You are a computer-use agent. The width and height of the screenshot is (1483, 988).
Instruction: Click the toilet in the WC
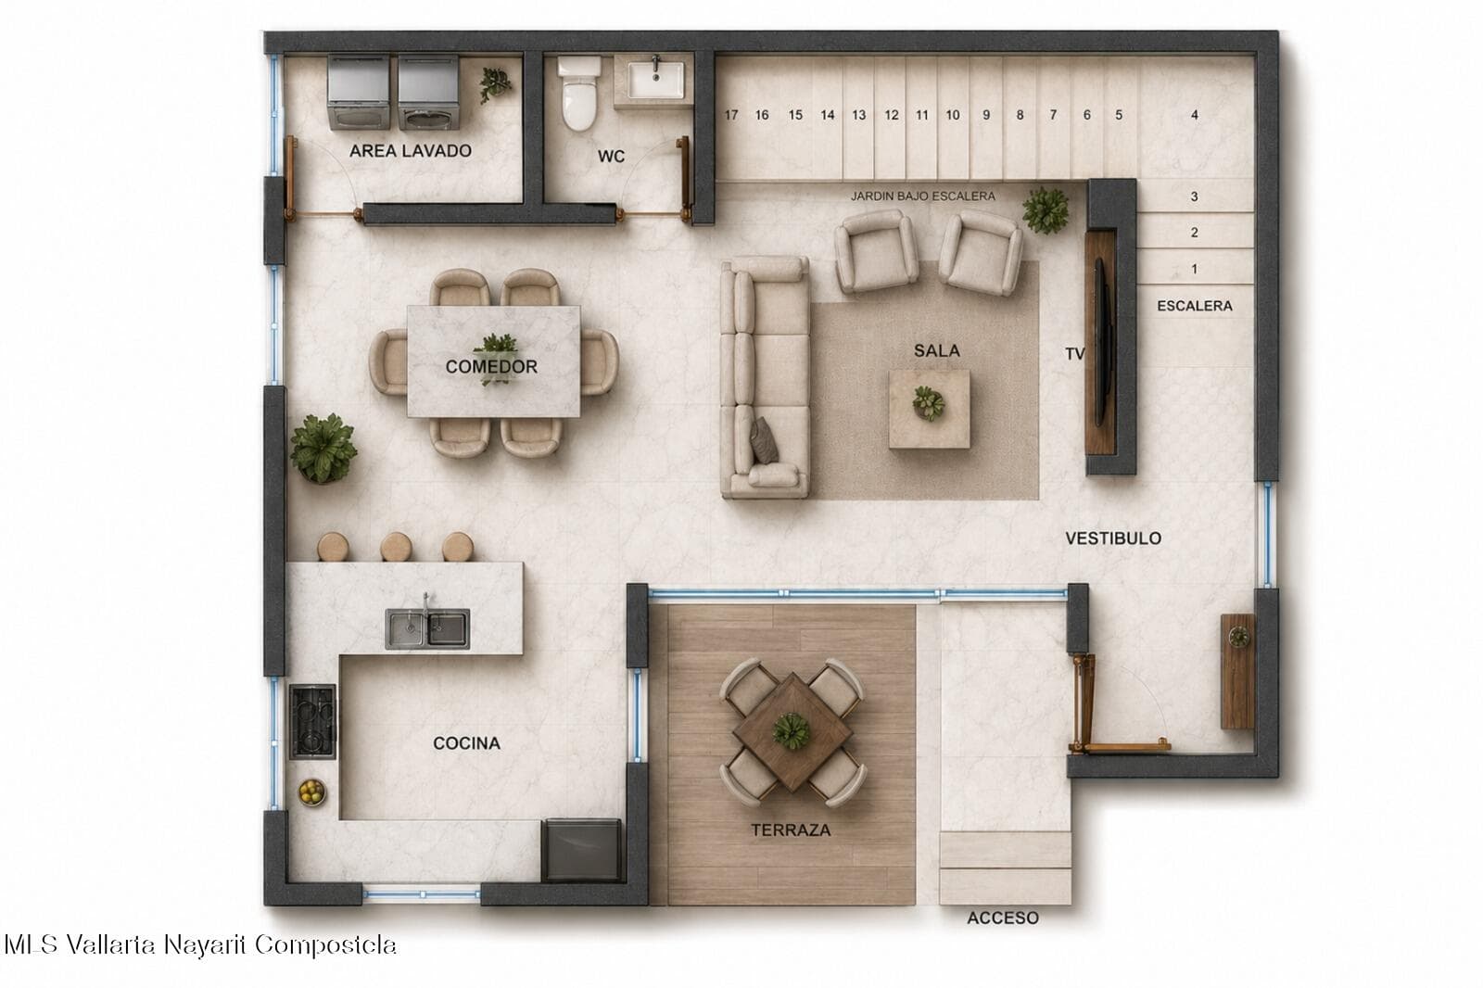(x=579, y=93)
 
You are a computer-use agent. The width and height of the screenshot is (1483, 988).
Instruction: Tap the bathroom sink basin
(x=655, y=81)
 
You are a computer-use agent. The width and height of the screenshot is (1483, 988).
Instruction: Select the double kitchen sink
(x=427, y=628)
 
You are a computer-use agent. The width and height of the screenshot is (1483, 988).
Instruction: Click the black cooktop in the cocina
(x=312, y=721)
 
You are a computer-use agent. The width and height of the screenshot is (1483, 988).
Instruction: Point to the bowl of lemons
(x=311, y=792)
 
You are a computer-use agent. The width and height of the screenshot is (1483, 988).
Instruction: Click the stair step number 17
(x=731, y=115)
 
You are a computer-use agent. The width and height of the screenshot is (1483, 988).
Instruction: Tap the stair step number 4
(x=1195, y=115)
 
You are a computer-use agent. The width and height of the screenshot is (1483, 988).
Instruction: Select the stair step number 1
(x=1195, y=269)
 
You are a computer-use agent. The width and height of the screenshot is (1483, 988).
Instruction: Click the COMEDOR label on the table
(x=491, y=366)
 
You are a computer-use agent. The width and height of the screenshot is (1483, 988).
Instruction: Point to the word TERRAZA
(x=791, y=830)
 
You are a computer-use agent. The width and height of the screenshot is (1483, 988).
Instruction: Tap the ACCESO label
(x=1002, y=918)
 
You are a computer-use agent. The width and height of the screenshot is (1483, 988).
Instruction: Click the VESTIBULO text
(x=1113, y=538)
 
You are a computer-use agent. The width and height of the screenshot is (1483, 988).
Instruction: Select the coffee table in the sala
(x=930, y=409)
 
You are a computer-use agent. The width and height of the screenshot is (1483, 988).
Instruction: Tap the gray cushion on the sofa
(x=764, y=440)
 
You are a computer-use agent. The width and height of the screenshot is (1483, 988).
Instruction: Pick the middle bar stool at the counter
(x=396, y=547)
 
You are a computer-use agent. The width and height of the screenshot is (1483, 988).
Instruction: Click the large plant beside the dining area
(x=323, y=449)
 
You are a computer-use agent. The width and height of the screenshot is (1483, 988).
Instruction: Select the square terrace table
(x=792, y=731)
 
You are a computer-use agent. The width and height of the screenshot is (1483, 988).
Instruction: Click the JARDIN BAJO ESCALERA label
(x=923, y=196)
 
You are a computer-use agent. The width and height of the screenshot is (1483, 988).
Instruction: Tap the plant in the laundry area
(x=495, y=84)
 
